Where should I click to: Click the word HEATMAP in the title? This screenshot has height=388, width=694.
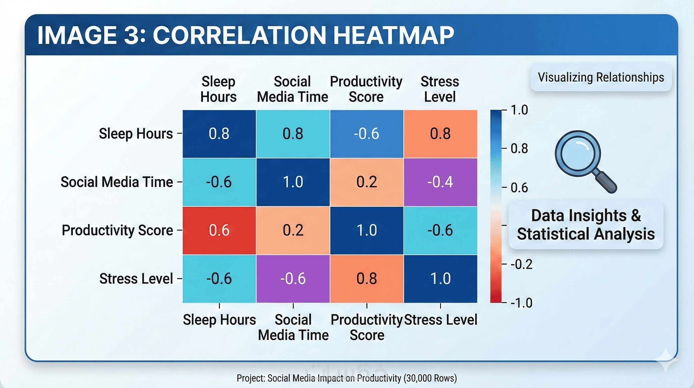click(x=394, y=35)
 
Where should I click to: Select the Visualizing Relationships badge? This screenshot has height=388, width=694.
click(x=601, y=78)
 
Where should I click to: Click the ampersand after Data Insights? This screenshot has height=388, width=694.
click(x=635, y=215)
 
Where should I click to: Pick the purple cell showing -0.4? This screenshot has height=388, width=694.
click(x=440, y=182)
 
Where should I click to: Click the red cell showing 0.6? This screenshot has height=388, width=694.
click(x=219, y=230)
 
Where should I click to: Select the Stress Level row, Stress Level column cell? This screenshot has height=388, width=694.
click(x=440, y=279)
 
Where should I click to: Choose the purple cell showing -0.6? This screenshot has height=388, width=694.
click(x=293, y=279)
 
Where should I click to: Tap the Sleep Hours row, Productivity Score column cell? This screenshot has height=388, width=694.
click(x=366, y=134)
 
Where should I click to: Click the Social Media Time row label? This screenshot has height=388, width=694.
click(x=117, y=182)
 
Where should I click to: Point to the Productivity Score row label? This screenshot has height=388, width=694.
click(x=117, y=230)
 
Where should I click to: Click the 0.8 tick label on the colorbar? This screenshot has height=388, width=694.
click(x=519, y=149)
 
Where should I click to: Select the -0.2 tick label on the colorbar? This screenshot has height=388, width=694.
click(x=522, y=264)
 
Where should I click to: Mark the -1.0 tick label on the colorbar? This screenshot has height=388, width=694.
click(x=522, y=303)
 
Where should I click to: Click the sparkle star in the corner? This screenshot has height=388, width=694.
click(x=667, y=360)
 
